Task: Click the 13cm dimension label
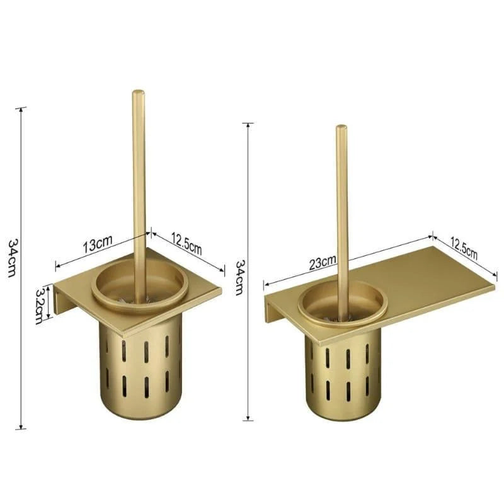coord(97,244)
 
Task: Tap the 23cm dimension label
coord(323,263)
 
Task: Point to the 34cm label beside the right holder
coord(239,278)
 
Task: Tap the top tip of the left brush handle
coord(138,93)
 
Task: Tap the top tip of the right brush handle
coord(341,128)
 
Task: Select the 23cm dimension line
coord(378,252)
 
